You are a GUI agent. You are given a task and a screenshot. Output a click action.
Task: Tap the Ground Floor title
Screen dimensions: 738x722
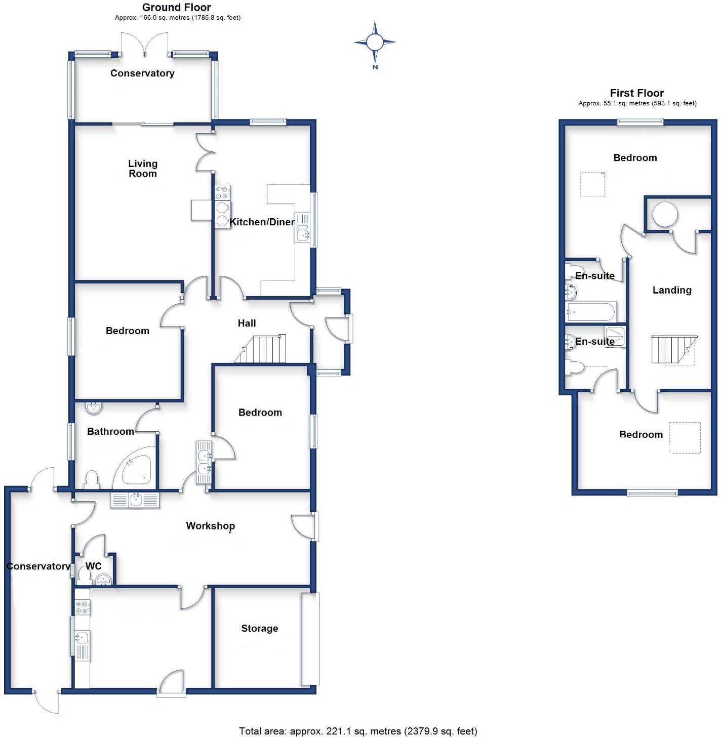pyautogui.click(x=176, y=7)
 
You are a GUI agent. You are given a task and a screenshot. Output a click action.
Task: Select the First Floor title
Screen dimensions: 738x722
pyautogui.click(x=636, y=93)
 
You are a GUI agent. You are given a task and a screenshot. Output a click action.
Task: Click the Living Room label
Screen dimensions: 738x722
pyautogui.click(x=143, y=169)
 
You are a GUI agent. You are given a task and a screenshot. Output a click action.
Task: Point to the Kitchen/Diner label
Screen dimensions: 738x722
pyautogui.click(x=262, y=222)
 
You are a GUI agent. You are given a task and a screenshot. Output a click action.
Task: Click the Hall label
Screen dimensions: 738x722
pyautogui.click(x=247, y=323)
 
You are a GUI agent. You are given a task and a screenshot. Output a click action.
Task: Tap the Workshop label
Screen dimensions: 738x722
pyautogui.click(x=210, y=525)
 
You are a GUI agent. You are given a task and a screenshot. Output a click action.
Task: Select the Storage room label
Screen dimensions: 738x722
pyautogui.click(x=259, y=628)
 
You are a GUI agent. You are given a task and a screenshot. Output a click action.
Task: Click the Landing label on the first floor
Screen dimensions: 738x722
pyautogui.click(x=671, y=290)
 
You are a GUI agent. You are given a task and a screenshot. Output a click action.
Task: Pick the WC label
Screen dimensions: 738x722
pyautogui.click(x=93, y=566)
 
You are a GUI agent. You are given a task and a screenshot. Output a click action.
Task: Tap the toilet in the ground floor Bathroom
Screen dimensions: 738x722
pyautogui.click(x=92, y=479)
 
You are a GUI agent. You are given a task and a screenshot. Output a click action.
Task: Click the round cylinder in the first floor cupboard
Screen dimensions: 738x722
pyautogui.click(x=664, y=215)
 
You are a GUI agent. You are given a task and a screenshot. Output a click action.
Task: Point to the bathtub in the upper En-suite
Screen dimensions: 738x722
pyautogui.click(x=591, y=312)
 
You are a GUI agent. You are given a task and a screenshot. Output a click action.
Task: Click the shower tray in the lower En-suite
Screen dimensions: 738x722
pyautogui.click(x=615, y=336)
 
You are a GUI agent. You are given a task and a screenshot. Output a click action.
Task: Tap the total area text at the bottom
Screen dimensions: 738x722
pyautogui.click(x=358, y=731)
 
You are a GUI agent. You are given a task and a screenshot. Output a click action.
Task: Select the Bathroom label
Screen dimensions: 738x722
pyautogui.click(x=110, y=431)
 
